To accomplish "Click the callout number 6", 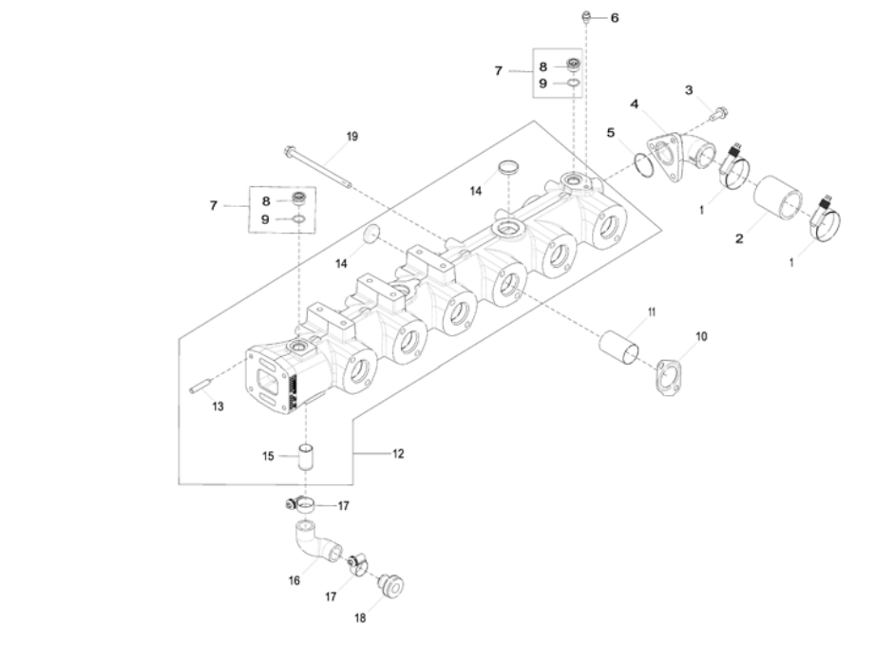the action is (x=615, y=18).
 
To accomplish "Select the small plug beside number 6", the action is (x=585, y=17).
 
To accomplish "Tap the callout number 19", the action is (x=351, y=137).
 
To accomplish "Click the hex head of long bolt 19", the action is (x=289, y=151).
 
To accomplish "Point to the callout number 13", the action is (x=218, y=406).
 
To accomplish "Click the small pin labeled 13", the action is (x=200, y=386).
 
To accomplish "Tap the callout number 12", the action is (x=398, y=454).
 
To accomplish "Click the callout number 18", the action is (x=360, y=618).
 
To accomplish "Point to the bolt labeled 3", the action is (x=719, y=113).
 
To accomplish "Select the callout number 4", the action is (x=634, y=104).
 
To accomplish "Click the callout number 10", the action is (x=701, y=336).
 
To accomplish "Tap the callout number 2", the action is (x=739, y=238).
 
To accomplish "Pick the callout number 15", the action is (x=268, y=456).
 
